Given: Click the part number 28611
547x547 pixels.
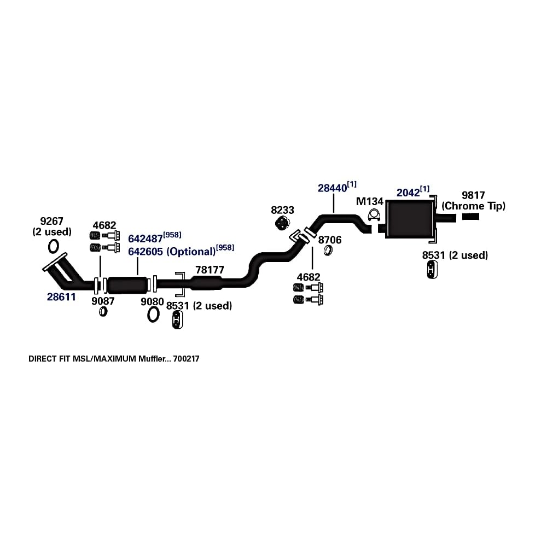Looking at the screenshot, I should click(x=61, y=297).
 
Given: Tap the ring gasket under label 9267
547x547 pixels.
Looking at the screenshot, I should click(x=54, y=246).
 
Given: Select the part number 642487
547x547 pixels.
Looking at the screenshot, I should click(x=146, y=239).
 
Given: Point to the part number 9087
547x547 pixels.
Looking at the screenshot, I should click(x=103, y=301).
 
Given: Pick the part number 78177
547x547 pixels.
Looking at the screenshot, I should click(x=210, y=270).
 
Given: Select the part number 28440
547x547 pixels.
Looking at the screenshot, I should click(x=333, y=188).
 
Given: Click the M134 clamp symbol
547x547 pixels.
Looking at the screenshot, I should click(x=375, y=216).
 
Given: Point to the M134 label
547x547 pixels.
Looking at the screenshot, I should click(x=369, y=201).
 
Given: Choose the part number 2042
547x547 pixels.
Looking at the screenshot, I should click(x=408, y=193).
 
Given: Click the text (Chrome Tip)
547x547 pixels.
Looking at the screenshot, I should click(x=474, y=206).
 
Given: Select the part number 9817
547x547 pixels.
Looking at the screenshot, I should click(x=473, y=195).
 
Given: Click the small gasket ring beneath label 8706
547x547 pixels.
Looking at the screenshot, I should click(x=329, y=251).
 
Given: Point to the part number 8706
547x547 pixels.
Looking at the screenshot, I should click(x=330, y=240).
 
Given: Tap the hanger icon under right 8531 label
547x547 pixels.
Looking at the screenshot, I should click(x=432, y=269).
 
